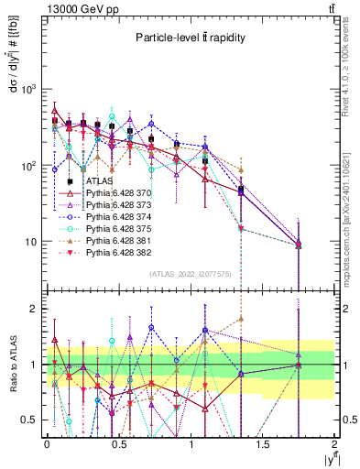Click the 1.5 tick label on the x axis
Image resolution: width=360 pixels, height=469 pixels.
point(263,443)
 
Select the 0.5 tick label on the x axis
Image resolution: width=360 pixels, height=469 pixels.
point(118,443)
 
